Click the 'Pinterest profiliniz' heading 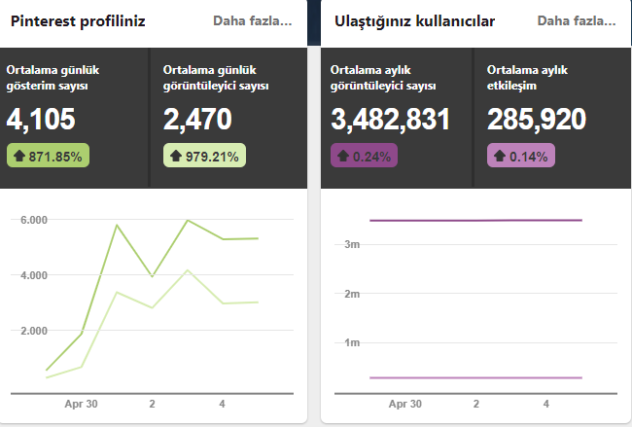coord(78,21)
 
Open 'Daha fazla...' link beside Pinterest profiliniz coord(253,20)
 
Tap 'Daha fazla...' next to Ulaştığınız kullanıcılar coord(577,20)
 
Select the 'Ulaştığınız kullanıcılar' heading coord(414,21)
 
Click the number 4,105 coord(41,120)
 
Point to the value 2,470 coord(197,120)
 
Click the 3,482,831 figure coord(390,120)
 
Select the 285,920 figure coord(537,120)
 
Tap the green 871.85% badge coord(48,156)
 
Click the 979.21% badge coord(204,156)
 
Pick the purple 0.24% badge coord(364,156)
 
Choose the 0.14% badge coord(521,156)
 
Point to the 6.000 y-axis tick coord(34,220)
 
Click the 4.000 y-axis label coord(34,275)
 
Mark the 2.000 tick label coord(34,331)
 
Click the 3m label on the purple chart coord(352,244)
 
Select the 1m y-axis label coord(352,342)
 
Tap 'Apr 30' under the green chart coord(81,404)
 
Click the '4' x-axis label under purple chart coord(546,404)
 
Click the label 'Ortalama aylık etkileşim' coord(527,78)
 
